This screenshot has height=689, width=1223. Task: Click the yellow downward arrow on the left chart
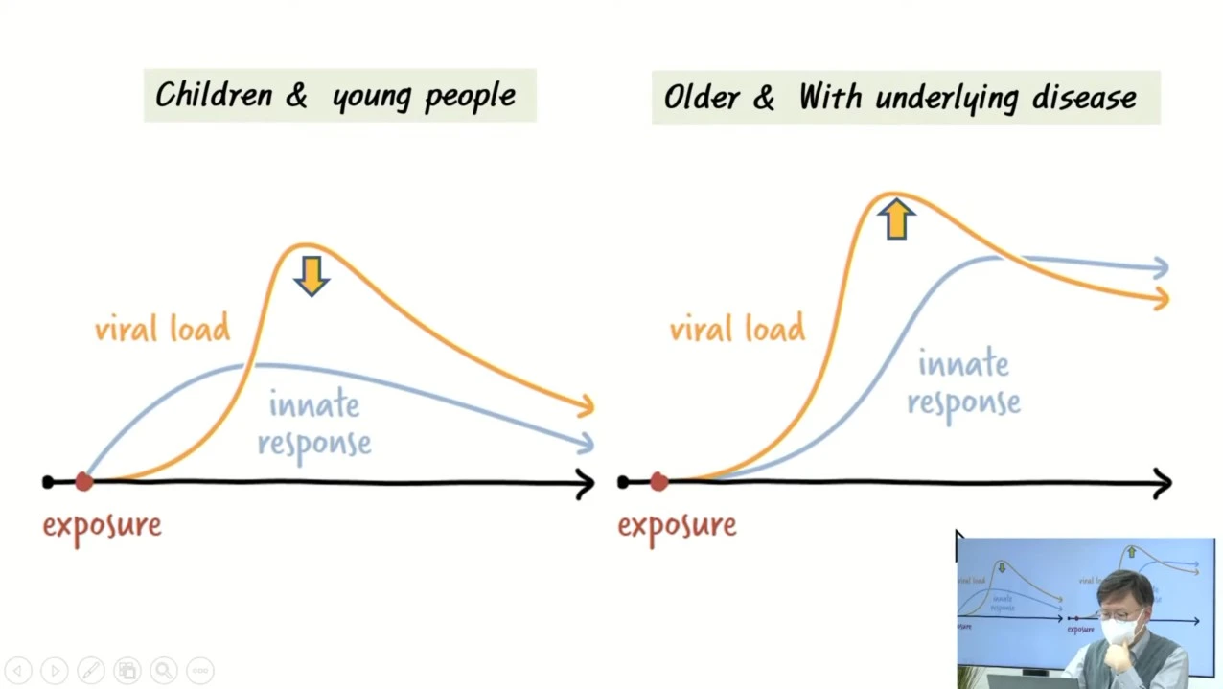tap(312, 274)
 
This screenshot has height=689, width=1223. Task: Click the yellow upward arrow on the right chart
tap(895, 218)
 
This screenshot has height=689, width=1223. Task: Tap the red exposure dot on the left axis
tap(84, 482)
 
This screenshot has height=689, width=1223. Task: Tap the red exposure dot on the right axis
tap(658, 482)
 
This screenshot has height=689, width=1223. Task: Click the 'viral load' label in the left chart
tap(162, 330)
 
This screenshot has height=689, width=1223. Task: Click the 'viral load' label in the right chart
tap(737, 330)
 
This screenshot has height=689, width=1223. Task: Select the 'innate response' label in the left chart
tap(314, 424)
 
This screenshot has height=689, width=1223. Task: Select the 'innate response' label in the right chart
tap(963, 383)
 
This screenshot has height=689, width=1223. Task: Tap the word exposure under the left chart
tap(102, 525)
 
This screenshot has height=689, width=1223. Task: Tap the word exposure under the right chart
tap(677, 525)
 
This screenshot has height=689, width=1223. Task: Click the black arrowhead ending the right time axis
tap(1162, 483)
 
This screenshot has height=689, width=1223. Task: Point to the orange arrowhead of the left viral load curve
tap(585, 406)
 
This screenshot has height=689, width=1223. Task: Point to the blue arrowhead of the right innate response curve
tap(1160, 268)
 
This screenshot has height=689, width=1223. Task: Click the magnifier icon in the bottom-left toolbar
tap(163, 671)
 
